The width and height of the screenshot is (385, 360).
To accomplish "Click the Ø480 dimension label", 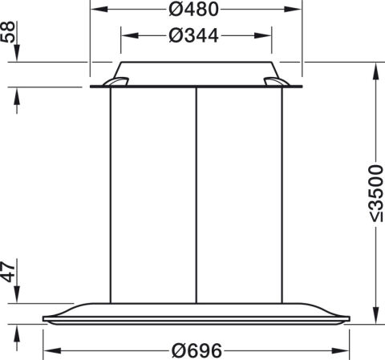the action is click(194, 10).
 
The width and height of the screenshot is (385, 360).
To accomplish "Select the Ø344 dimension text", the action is click(194, 35).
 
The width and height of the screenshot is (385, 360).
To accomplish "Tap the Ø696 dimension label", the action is click(197, 350).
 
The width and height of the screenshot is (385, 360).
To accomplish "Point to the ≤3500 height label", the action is click(375, 193).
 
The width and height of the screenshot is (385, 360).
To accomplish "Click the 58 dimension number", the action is click(8, 32).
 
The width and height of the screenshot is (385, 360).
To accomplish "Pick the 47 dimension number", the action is click(8, 273).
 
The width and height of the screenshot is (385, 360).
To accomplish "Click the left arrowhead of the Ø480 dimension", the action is click(99, 10).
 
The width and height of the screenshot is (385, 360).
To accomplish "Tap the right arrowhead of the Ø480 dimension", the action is click(293, 10).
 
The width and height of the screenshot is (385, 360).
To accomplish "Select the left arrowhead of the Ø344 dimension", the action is click(130, 35).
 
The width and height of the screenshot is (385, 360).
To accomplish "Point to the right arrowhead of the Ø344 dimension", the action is click(262, 35).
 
